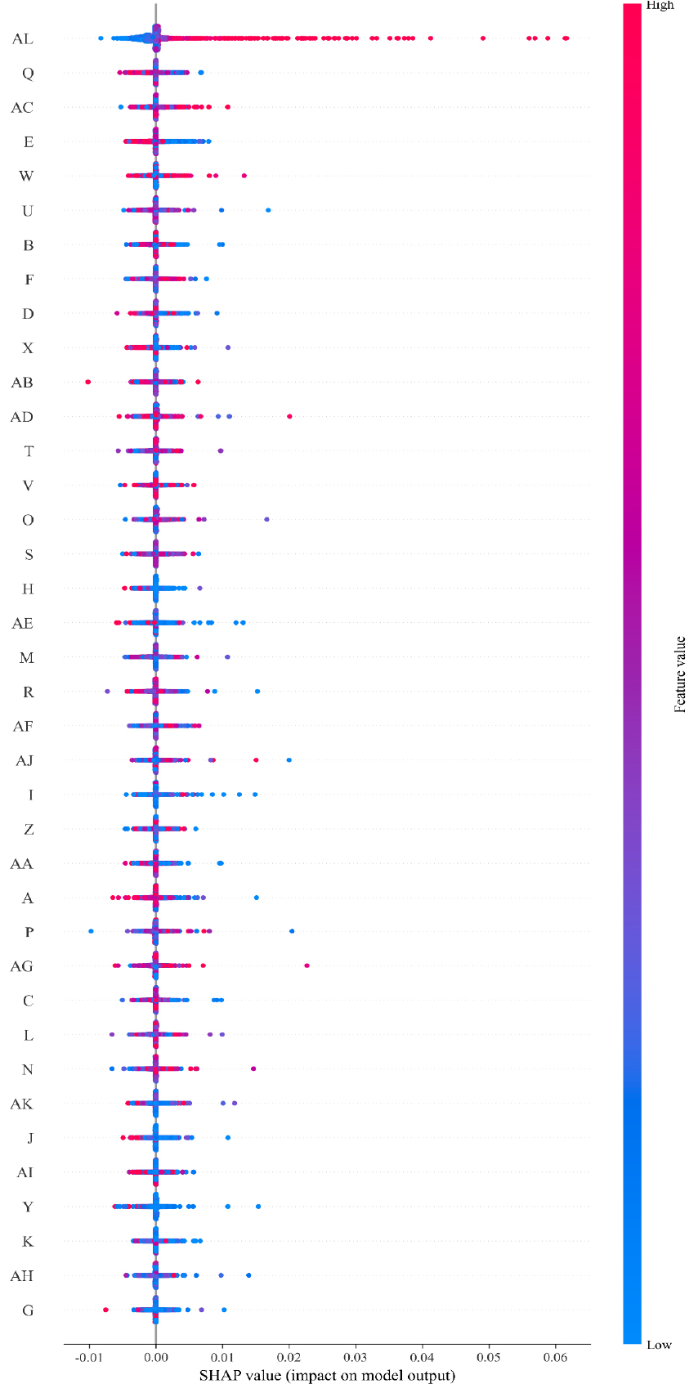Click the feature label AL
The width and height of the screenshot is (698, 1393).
tap(22, 38)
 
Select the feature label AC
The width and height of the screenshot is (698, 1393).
tap(22, 108)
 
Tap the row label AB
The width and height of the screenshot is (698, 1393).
tap(22, 383)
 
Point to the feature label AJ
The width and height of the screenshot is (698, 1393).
tap(25, 760)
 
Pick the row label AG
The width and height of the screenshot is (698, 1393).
tap(22, 966)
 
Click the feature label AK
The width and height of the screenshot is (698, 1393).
tap(22, 1104)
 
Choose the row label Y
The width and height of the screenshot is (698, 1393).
tap(28, 1207)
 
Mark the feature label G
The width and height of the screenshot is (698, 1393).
tap(28, 1310)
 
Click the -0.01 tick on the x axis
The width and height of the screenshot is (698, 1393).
tap(88, 1358)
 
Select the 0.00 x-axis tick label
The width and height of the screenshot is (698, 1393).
tap(156, 1358)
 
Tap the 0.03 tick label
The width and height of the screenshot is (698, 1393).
tap(356, 1358)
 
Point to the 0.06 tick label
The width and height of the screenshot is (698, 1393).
tap(556, 1358)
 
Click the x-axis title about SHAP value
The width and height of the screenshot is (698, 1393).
tap(327, 1376)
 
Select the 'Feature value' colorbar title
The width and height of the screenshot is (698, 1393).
tap(680, 674)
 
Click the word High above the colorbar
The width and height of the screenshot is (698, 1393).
tap(660, 6)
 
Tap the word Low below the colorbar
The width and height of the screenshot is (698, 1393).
tap(659, 1345)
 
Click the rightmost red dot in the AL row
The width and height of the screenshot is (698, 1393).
tap(566, 38)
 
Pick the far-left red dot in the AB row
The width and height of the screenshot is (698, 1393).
tap(88, 382)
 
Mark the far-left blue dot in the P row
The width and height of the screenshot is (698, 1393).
tap(92, 931)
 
